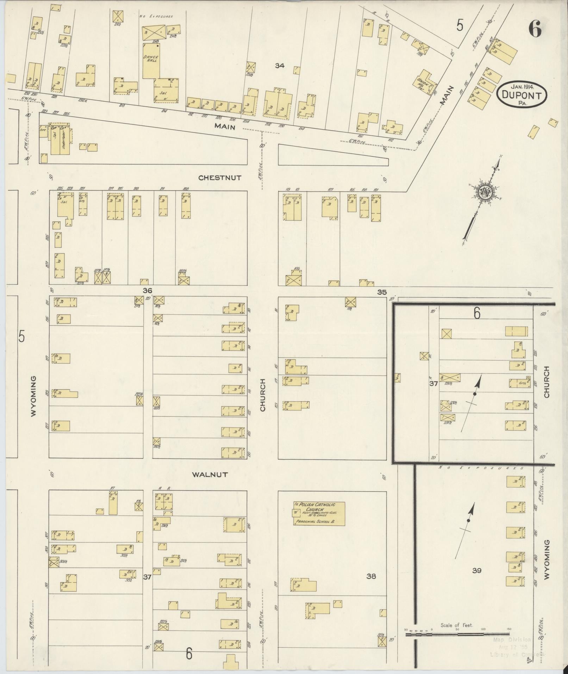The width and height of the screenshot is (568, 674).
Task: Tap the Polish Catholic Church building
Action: pyautogui.click(x=319, y=513)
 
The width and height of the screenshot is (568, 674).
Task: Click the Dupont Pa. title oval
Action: pyautogui.click(x=522, y=93)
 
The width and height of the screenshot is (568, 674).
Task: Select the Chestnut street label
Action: pyautogui.click(x=220, y=178)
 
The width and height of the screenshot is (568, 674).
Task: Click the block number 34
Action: pyautogui.click(x=280, y=66)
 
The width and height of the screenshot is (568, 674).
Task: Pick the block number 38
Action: pyautogui.click(x=371, y=577)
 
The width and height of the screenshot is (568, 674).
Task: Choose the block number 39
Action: pyautogui.click(x=476, y=570)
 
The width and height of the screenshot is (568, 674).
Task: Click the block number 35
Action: pyautogui.click(x=382, y=292)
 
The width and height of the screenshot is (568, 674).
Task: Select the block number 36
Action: pyautogui.click(x=147, y=291)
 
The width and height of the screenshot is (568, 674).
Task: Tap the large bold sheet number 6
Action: pyautogui.click(x=535, y=29)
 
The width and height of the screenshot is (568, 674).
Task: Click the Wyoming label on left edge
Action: pyautogui.click(x=33, y=396)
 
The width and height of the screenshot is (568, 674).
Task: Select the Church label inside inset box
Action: pyautogui.click(x=547, y=382)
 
